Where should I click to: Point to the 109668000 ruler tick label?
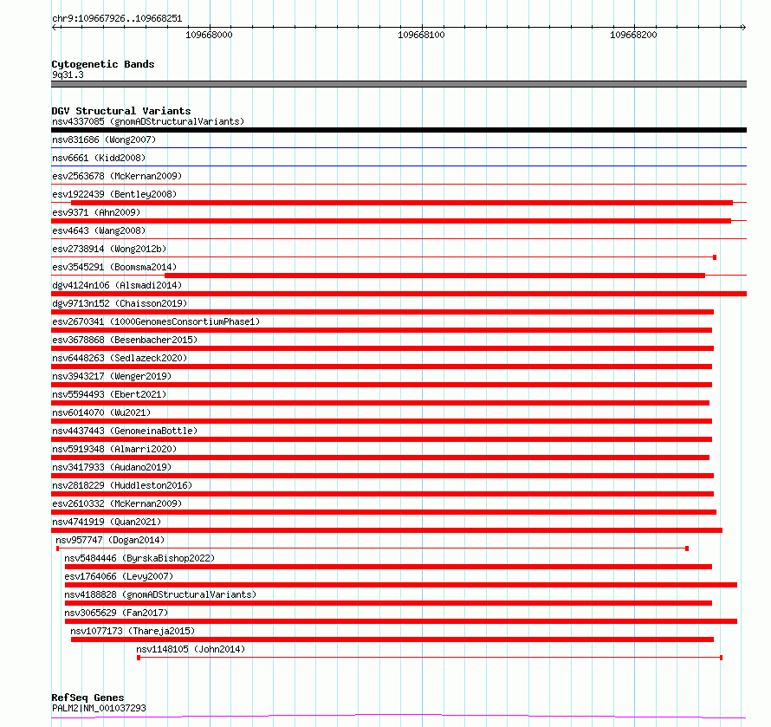210,36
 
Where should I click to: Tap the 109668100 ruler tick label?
421,36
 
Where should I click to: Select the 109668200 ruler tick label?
633,36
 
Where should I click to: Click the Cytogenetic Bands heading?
102,64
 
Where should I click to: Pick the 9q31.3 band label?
68,75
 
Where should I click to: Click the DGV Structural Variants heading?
120,111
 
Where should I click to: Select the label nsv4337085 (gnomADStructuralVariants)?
148,121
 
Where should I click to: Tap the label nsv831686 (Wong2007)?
104,140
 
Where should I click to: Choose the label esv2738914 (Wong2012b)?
109,249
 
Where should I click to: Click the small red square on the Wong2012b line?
715,257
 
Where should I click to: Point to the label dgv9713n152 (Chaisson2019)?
120,303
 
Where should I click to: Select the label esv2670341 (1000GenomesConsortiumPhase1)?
156,321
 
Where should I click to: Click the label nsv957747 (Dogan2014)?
110,540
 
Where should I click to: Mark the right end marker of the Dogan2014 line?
687,548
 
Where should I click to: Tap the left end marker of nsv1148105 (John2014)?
139,658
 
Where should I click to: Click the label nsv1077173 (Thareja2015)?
133,631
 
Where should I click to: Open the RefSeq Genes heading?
87,698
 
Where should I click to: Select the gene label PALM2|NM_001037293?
99,708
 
